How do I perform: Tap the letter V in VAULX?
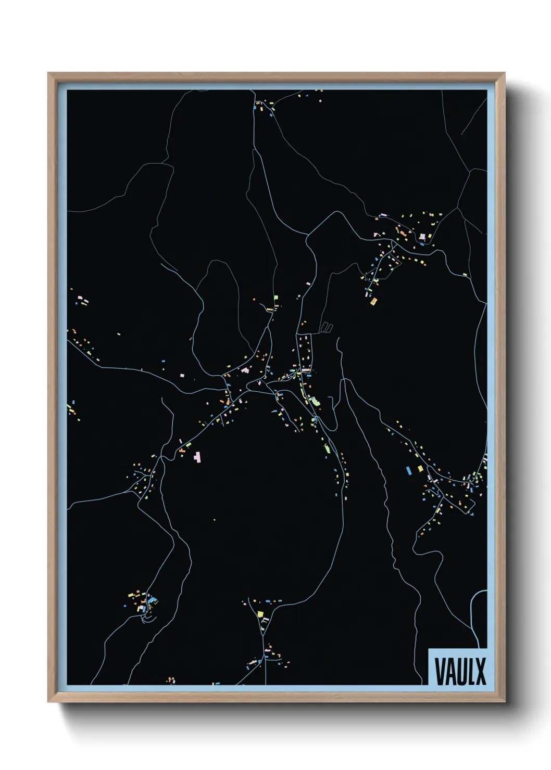[x=439, y=672]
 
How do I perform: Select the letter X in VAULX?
[x=480, y=672]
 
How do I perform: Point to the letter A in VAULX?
[x=449, y=672]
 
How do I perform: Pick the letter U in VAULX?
[x=460, y=672]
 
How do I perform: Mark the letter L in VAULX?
[x=470, y=672]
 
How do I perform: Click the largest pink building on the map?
[x=197, y=457]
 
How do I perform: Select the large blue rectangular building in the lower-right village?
[x=409, y=470]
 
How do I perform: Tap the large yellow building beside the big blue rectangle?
[x=420, y=469]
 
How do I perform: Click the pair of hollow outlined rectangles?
[x=326, y=327]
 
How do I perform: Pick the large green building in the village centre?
[x=315, y=401]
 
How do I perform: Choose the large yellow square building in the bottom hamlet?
[x=260, y=614]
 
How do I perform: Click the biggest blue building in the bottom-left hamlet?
[x=152, y=601]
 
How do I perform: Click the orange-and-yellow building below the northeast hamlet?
[x=373, y=300]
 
